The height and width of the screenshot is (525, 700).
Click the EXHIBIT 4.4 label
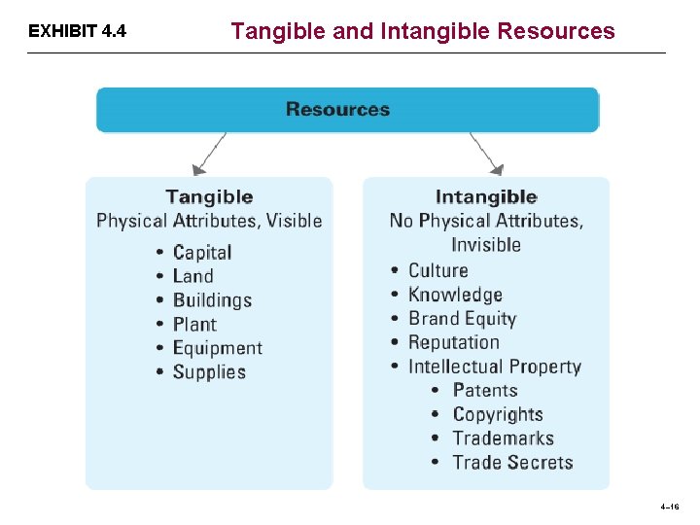tap(77, 31)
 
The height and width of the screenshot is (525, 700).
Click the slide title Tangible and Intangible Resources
tap(423, 31)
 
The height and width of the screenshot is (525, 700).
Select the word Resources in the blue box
tap(337, 109)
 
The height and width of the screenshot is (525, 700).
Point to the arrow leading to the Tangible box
tap(211, 154)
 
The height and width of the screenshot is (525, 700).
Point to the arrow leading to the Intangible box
tap(485, 154)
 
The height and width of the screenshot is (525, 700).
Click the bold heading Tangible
tap(209, 197)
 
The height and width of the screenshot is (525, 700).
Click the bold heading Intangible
tap(486, 197)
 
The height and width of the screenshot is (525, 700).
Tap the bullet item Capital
tap(202, 253)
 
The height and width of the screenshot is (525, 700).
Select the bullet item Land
tap(192, 276)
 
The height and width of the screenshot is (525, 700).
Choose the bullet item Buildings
tap(212, 300)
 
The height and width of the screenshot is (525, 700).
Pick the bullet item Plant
tap(194, 325)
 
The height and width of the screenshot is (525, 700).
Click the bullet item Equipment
tap(218, 348)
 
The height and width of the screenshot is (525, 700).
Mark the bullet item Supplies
tap(209, 372)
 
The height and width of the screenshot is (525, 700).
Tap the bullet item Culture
tap(437, 271)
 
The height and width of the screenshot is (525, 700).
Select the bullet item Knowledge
tap(455, 295)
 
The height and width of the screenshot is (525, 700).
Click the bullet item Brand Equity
tap(462, 319)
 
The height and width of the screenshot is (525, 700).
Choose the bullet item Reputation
tap(453, 342)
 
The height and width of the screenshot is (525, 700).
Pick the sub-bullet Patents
tap(485, 391)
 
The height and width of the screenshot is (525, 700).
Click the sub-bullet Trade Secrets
tap(512, 463)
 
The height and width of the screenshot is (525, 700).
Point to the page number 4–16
tap(669, 507)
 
